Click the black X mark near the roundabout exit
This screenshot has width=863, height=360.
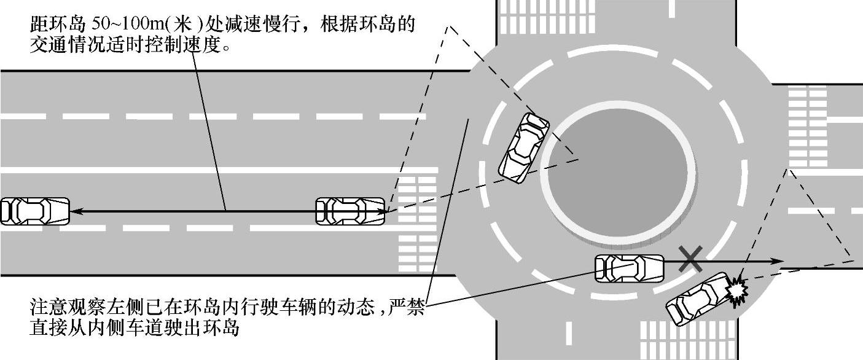pos(691,259)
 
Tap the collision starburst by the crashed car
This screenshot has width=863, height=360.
pos(736,289)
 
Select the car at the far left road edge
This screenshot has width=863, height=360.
pos(34,211)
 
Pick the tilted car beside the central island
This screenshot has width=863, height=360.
pos(523,148)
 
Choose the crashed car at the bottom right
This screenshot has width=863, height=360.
pos(697,300)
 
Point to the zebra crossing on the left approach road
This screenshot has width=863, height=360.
pos(417,221)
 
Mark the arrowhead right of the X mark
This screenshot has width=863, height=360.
pos(778,262)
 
